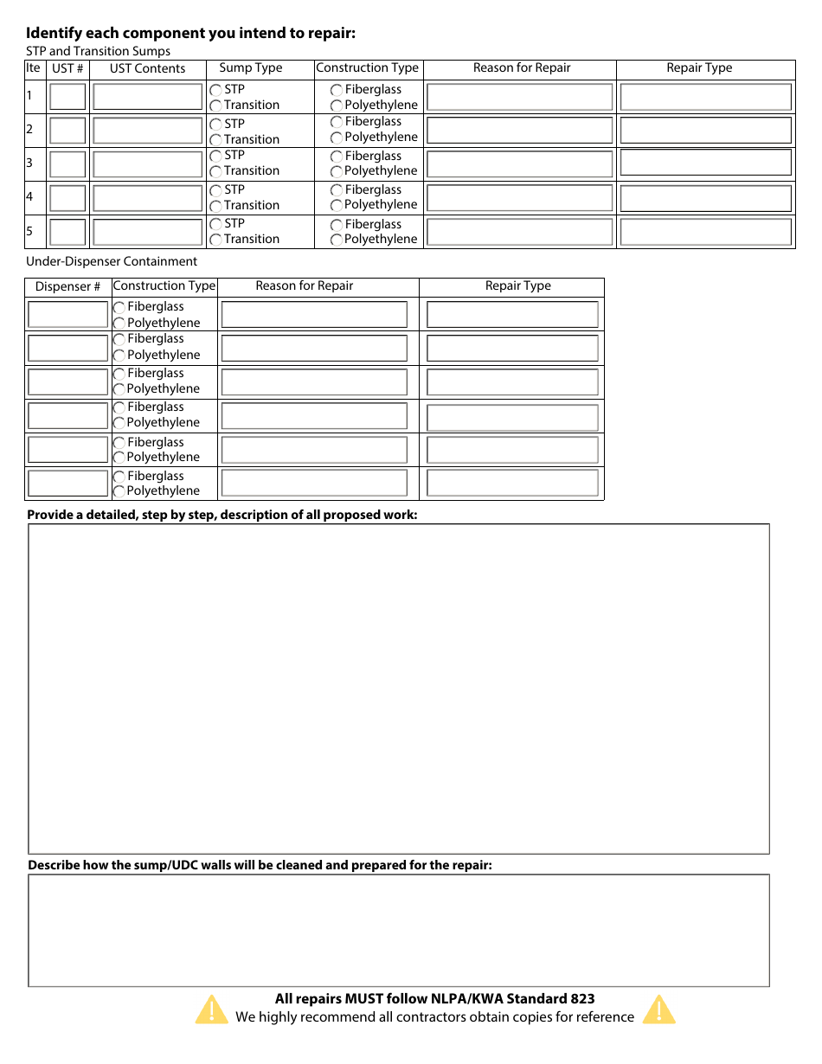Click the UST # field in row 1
[x=67, y=97]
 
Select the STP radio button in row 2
[x=215, y=124]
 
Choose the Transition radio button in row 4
[x=215, y=206]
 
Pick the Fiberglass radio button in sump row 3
[x=337, y=157]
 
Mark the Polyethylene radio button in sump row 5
[x=337, y=240]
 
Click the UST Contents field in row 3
[x=147, y=164]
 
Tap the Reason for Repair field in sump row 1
[x=519, y=97]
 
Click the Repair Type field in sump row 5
[x=705, y=232]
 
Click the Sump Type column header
[x=251, y=68]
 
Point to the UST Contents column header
[x=147, y=69]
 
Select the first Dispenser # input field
[x=67, y=314]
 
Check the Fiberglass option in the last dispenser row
[x=119, y=477]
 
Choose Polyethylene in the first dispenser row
[x=119, y=324]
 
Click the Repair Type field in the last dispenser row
[x=512, y=484]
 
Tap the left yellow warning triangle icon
[x=212, y=1010]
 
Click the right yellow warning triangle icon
[x=658, y=1010]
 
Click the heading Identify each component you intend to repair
[x=190, y=34]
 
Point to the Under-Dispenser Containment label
[x=112, y=261]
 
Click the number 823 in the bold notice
[x=582, y=999]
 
